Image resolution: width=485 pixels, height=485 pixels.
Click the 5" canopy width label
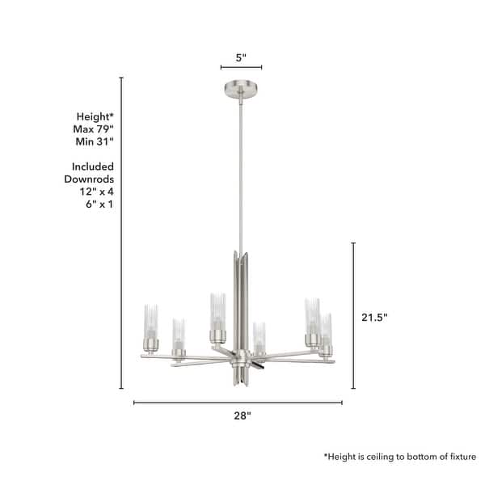[241, 57]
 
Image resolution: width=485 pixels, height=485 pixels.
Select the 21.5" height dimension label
[375, 318]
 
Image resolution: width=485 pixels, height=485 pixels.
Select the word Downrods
[89, 179]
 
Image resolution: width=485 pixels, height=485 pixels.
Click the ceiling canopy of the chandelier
[241, 87]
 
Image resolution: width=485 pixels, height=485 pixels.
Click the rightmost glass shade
[327, 331]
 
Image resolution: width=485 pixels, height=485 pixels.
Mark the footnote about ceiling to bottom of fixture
[400, 457]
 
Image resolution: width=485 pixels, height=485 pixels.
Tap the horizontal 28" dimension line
[238, 402]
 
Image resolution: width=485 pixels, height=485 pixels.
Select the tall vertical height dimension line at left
[121, 234]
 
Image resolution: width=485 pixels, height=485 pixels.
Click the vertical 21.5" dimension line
[354, 315]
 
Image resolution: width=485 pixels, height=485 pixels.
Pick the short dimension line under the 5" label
[241, 69]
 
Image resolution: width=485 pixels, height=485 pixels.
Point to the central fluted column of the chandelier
[241, 299]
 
